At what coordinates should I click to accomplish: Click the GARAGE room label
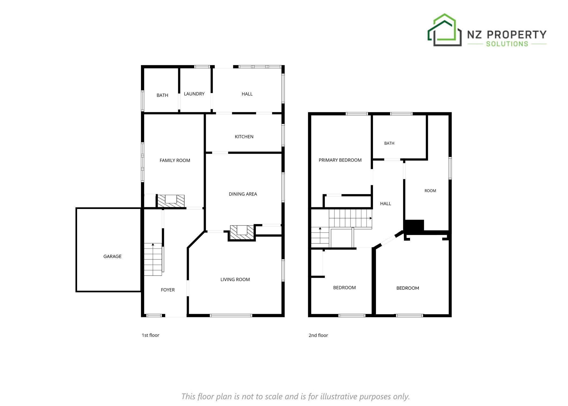click(112, 256)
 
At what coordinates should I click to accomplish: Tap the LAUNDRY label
click(194, 94)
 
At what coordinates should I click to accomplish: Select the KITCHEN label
click(244, 137)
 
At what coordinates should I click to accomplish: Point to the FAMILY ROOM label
click(175, 161)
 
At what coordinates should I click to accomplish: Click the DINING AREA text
click(243, 194)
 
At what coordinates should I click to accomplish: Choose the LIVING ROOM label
click(235, 280)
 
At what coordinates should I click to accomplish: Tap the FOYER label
click(168, 290)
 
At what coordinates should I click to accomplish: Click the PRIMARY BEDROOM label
click(340, 160)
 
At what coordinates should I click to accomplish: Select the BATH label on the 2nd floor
click(389, 143)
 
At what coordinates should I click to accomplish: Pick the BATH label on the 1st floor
click(162, 95)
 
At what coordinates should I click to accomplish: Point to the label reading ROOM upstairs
click(430, 191)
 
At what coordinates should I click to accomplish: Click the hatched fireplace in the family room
click(171, 201)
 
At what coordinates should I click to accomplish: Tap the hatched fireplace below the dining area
click(242, 232)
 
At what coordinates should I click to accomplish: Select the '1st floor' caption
click(150, 335)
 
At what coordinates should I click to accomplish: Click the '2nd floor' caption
click(318, 335)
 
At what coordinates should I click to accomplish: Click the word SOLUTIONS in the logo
click(507, 44)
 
